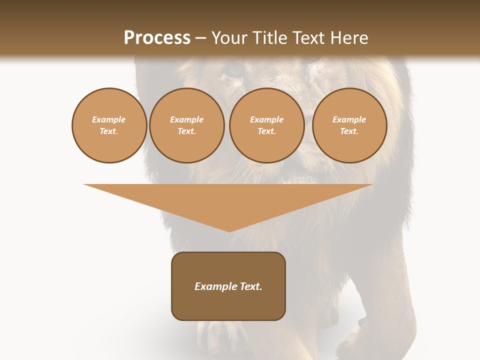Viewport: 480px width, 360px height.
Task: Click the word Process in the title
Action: pyautogui.click(x=157, y=38)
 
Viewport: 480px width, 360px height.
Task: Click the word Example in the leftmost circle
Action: pyautogui.click(x=109, y=119)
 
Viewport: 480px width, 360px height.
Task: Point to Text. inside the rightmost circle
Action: pyautogui.click(x=349, y=131)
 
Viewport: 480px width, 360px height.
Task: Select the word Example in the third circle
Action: pyautogui.click(x=266, y=119)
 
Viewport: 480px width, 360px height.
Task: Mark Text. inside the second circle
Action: pyautogui.click(x=186, y=131)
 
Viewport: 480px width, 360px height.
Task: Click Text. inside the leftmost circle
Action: pyautogui.click(x=109, y=131)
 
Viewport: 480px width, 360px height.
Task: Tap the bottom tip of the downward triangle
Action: pyautogui.click(x=229, y=231)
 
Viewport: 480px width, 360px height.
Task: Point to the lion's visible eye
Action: pyautogui.click(x=232, y=70)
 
